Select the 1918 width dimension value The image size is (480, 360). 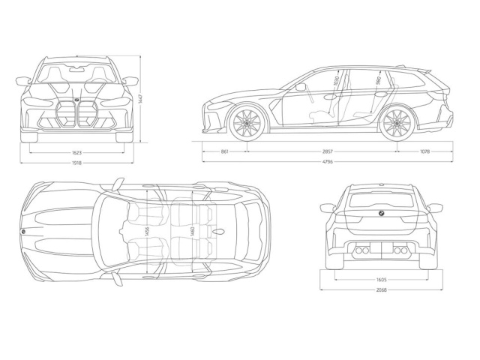(x=77, y=163)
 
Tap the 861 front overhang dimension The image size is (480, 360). (x=225, y=151)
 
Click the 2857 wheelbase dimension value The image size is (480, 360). (x=326, y=151)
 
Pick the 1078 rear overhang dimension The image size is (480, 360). (x=424, y=151)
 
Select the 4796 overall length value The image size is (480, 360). (x=327, y=163)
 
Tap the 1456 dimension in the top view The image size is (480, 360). (x=147, y=230)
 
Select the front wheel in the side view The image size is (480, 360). (x=247, y=123)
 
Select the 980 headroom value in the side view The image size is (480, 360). (x=378, y=80)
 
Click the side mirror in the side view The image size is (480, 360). (x=301, y=87)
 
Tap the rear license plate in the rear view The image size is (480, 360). (x=381, y=248)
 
